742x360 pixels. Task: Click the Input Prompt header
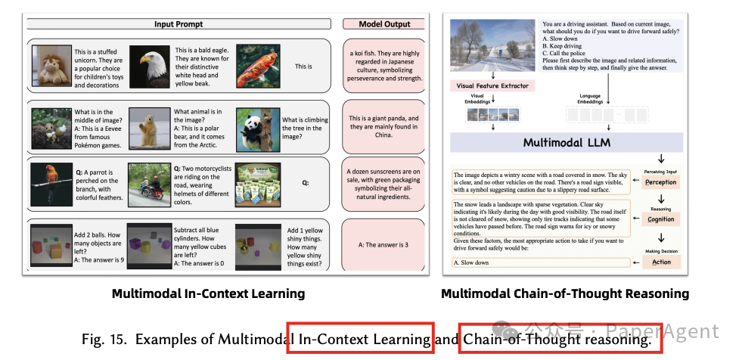click(179, 24)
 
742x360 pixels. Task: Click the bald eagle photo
click(150, 68)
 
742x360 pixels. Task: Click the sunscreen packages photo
click(257, 183)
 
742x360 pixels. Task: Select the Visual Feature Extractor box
click(492, 85)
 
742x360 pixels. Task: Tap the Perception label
click(660, 182)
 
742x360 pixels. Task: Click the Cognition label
click(660, 219)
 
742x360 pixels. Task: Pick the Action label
click(660, 262)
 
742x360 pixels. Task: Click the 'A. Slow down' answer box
click(540, 262)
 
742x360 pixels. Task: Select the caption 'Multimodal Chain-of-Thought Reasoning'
click(565, 293)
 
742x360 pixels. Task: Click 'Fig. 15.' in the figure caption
click(101, 339)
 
